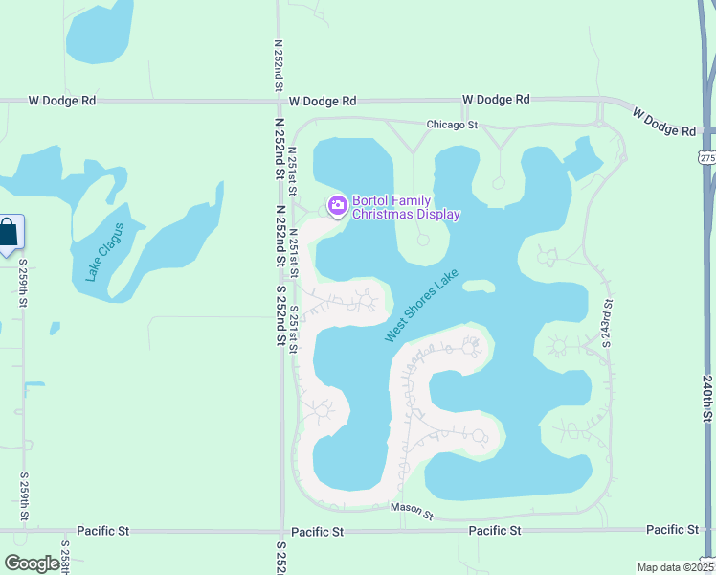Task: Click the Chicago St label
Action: pos(453,125)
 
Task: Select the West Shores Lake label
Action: pos(422,306)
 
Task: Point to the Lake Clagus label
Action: pos(104,251)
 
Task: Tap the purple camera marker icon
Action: pos(337,205)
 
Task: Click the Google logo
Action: pos(32,563)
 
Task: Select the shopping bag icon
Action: pos(9,233)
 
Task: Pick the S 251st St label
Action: pos(293,329)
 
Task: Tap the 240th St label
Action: pos(707,399)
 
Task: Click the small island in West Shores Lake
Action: pos(479,285)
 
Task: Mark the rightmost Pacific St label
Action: pos(672,529)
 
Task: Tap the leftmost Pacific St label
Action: pos(104,530)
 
